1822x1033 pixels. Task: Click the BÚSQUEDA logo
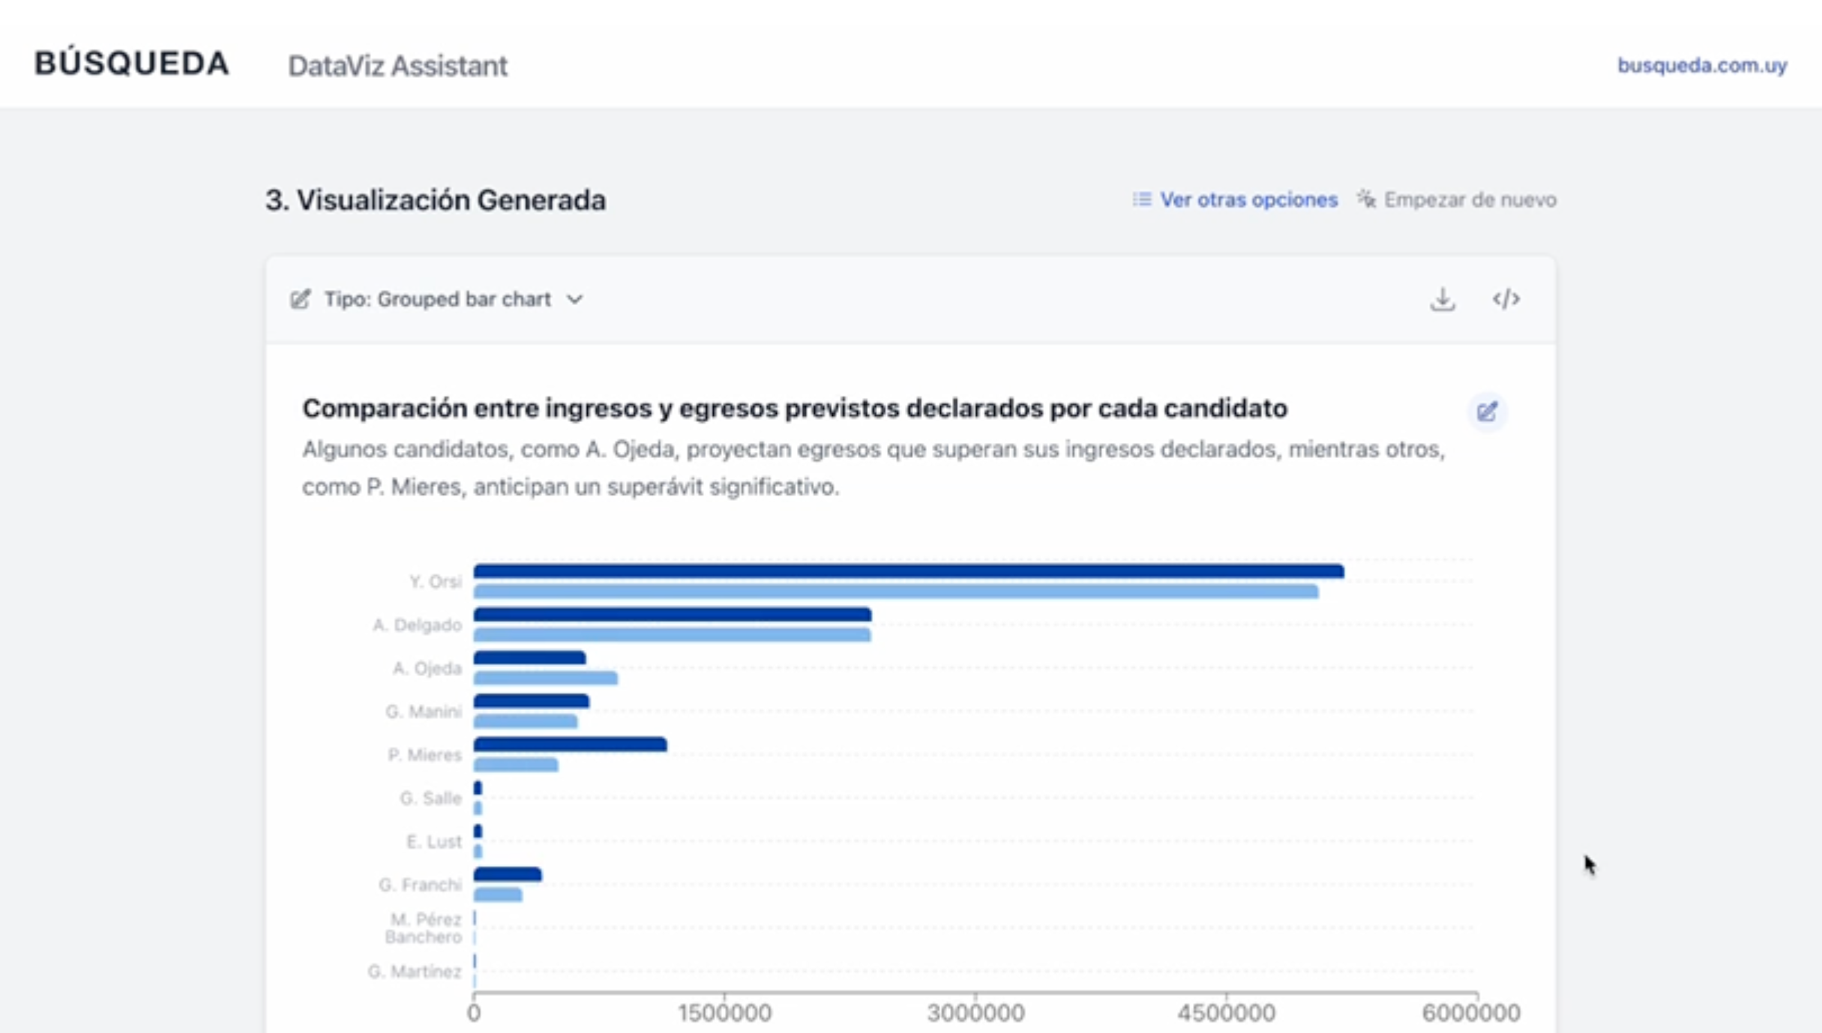131,64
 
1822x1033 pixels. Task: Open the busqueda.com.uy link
1701,66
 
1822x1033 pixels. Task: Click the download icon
1442,300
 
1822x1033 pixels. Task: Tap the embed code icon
1506,300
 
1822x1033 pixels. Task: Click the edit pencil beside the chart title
1487,412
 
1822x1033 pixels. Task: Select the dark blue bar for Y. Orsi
907,572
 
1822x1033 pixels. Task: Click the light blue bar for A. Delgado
671,636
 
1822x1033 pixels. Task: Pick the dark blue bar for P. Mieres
570,744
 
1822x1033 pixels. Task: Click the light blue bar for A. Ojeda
545,679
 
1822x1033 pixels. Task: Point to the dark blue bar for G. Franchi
507,874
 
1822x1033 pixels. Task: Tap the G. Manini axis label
423,711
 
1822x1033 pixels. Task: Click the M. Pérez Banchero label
424,928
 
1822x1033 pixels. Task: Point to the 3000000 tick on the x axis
975,1013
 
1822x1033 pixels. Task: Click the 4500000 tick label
1225,1013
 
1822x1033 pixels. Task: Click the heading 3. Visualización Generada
435,200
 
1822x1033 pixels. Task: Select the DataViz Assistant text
397,66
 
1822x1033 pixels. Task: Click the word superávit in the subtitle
655,487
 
